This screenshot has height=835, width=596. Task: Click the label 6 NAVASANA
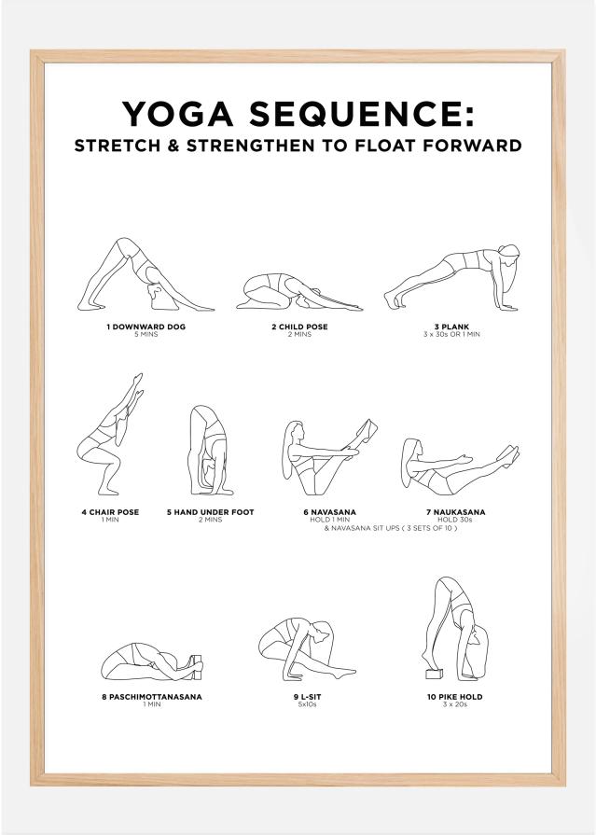[329, 512]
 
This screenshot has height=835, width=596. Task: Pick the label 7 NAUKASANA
[455, 512]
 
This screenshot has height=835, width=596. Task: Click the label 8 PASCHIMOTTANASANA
[152, 697]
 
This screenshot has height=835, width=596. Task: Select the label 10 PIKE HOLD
[455, 697]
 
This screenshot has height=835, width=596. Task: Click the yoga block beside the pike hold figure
[433, 674]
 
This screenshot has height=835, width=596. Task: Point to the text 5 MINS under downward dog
[146, 334]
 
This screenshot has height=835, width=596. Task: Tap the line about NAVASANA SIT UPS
[390, 527]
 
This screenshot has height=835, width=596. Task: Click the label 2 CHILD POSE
[299, 327]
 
